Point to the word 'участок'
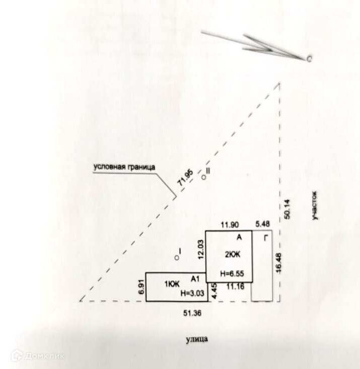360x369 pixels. pos(314,204)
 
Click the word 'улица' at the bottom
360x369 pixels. pos(196,339)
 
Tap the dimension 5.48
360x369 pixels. pos(263,224)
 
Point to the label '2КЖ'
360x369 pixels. pos(232,255)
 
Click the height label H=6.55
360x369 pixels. pos(233,274)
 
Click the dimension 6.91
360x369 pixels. pos(141,287)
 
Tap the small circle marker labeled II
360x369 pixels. pos(204,177)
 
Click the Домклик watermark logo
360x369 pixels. pos(38,355)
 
